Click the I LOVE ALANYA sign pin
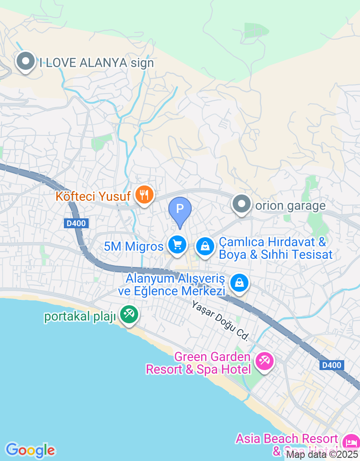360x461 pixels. (x=26, y=62)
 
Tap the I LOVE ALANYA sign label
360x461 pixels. (x=96, y=63)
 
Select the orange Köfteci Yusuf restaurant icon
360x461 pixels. (x=144, y=196)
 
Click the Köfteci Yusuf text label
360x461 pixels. (x=93, y=196)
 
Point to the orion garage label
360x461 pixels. (x=290, y=206)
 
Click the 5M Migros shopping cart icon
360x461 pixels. (x=177, y=245)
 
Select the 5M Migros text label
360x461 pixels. (x=133, y=247)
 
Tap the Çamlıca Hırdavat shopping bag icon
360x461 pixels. (x=205, y=246)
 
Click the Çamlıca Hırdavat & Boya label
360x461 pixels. (x=275, y=248)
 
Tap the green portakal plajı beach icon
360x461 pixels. (x=129, y=315)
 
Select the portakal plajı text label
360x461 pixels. (x=80, y=316)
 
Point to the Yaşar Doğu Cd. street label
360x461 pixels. (x=220, y=320)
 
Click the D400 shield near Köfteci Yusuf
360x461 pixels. (x=76, y=223)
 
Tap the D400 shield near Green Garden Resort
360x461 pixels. (x=332, y=365)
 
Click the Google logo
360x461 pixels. (x=30, y=450)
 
